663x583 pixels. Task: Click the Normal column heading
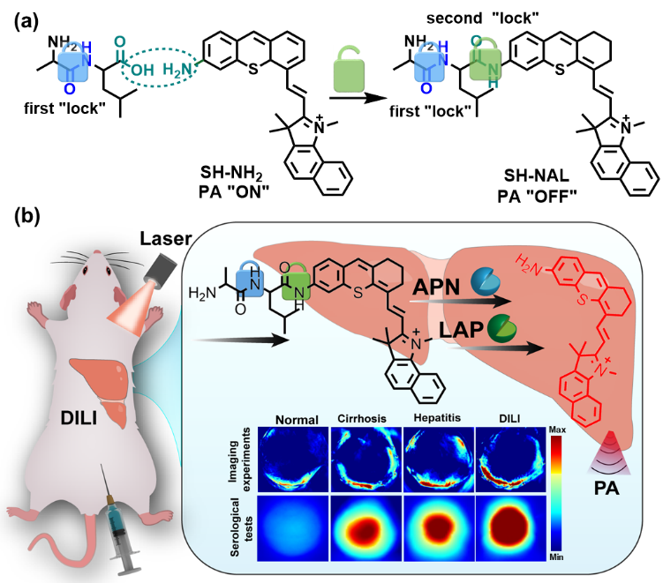(296, 420)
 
